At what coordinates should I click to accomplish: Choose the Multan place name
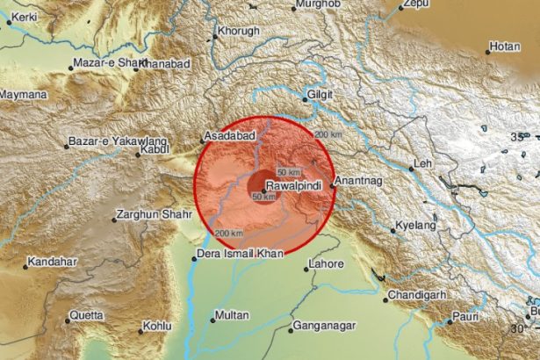[232, 314]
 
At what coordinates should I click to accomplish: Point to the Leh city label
[425, 163]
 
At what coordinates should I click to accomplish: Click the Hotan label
[505, 46]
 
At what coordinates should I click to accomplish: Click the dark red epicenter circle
[256, 184]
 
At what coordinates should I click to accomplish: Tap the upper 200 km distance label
[327, 133]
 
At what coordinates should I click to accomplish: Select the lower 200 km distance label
[228, 233]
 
